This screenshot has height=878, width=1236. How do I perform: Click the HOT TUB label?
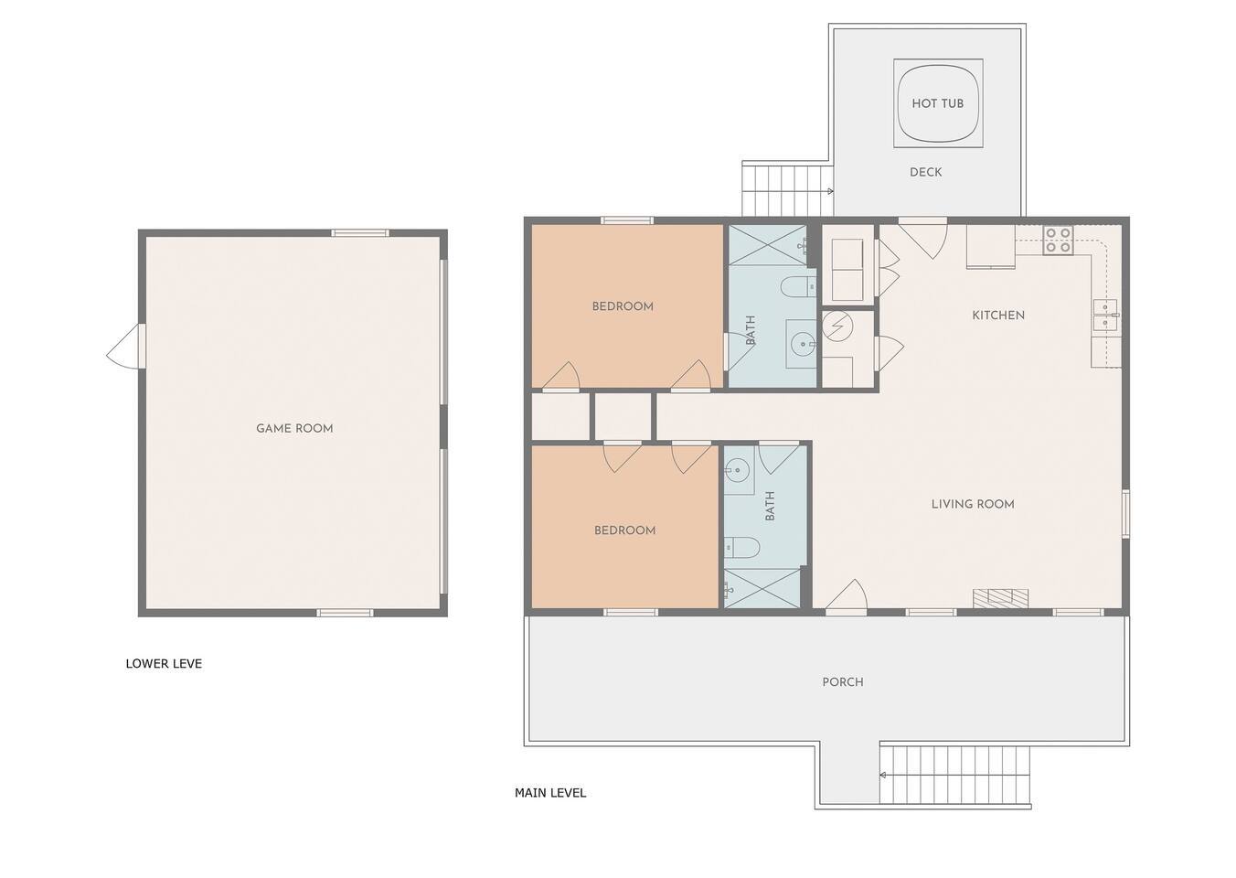click(x=937, y=103)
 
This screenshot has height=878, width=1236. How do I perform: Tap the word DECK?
click(x=925, y=172)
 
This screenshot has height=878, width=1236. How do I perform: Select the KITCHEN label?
click(x=998, y=316)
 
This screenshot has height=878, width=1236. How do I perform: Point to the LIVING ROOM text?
click(x=973, y=504)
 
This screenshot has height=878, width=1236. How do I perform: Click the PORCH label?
click(x=843, y=682)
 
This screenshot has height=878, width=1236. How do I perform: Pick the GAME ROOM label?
click(x=294, y=428)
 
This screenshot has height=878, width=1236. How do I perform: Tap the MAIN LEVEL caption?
click(x=550, y=793)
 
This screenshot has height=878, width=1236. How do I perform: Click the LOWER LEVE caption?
click(x=164, y=663)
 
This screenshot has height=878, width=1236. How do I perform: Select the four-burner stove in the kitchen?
click(x=1058, y=241)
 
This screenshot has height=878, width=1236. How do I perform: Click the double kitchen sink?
click(x=1106, y=316)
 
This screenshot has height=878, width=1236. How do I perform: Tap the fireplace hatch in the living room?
click(x=1000, y=598)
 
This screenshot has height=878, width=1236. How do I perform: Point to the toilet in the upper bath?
click(x=798, y=286)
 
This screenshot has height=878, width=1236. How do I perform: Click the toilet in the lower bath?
click(x=742, y=548)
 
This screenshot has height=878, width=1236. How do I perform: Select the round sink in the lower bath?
click(x=737, y=471)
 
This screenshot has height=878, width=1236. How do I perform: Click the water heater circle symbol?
click(x=837, y=327)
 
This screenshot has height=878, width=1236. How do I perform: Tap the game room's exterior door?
click(x=127, y=346)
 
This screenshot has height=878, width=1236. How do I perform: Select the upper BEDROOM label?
click(x=623, y=306)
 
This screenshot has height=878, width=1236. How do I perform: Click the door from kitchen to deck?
click(x=923, y=238)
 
